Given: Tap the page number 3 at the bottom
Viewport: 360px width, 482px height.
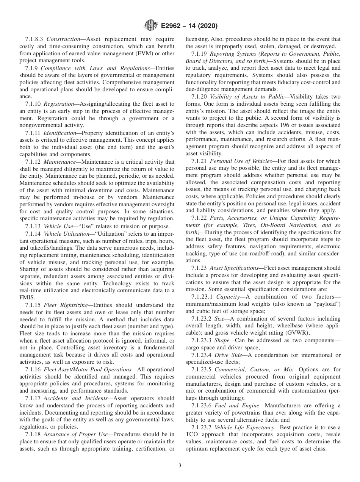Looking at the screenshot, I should (x=180, y=466).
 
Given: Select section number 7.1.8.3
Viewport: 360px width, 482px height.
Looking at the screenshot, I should (x=34, y=39).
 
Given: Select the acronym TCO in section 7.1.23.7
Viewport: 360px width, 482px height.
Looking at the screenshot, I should (x=193, y=434).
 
